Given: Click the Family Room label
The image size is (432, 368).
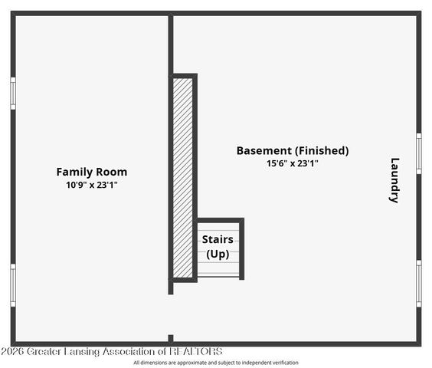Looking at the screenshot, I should pyautogui.click(x=92, y=172).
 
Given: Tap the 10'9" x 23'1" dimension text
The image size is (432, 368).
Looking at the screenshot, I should pyautogui.click(x=92, y=185).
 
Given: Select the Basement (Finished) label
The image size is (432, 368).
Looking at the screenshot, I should pyautogui.click(x=292, y=150).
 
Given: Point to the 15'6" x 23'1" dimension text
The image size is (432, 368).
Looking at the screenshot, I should pyautogui.click(x=292, y=163).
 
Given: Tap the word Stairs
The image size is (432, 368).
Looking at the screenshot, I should pyautogui.click(x=218, y=239).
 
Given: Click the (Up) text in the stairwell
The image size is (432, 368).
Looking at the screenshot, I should pyautogui.click(x=218, y=254).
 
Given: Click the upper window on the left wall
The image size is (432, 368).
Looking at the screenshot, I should pyautogui.click(x=12, y=93).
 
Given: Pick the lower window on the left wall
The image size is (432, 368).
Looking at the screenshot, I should pyautogui.click(x=12, y=284).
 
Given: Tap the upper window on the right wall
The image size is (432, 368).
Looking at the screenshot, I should pyautogui.click(x=419, y=153).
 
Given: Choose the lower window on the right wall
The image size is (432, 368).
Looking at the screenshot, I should pyautogui.click(x=419, y=283).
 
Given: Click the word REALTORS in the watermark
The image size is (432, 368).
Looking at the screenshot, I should pyautogui.click(x=195, y=351).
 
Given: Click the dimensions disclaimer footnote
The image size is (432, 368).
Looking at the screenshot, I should pyautogui.click(x=216, y=363).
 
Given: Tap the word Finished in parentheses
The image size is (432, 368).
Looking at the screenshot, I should pyautogui.click(x=322, y=150).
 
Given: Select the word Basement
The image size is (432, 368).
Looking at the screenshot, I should pyautogui.click(x=263, y=150).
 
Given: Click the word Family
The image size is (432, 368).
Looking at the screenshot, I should pyautogui.click(x=73, y=172).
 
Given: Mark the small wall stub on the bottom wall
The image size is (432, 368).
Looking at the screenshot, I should pyautogui.click(x=171, y=338).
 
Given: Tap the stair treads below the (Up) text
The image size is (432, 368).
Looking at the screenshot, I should pyautogui.click(x=218, y=269).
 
